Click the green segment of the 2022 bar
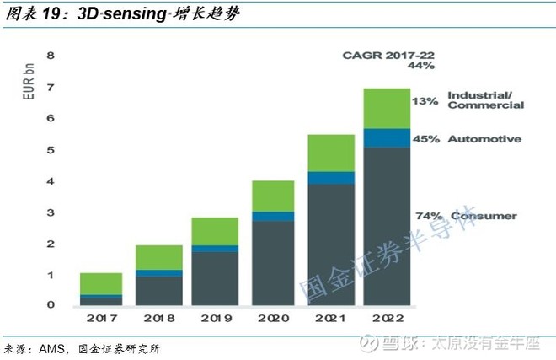tap(387, 108)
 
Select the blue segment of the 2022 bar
tap(387, 138)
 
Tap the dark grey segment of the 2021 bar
tap(331, 244)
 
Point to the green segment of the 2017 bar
tap(101, 283)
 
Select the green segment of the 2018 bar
tap(159, 257)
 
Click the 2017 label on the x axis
tap(101, 319)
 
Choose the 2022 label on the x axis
tap(387, 319)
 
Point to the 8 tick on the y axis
tap(50, 56)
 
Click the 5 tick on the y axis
tap(50, 150)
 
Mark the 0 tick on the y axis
tap(50, 305)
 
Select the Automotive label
tap(484, 138)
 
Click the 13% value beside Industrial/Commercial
tap(425, 101)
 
